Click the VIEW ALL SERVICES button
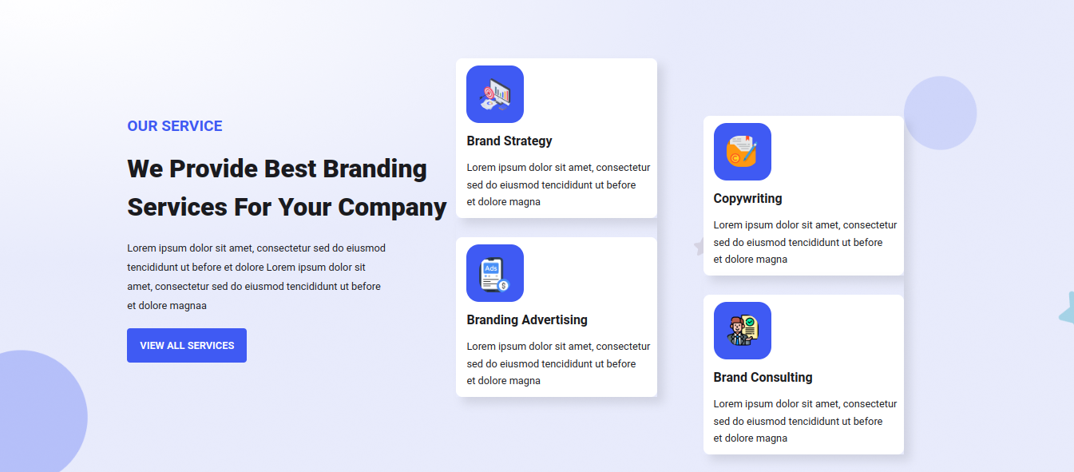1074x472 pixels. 187,345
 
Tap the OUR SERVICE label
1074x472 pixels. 175,126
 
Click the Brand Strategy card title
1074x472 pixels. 509,141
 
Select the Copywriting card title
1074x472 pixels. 747,199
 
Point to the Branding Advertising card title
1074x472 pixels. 527,320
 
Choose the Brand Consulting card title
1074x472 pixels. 763,378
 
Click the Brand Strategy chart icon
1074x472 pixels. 495,94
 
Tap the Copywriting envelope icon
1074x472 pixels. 742,152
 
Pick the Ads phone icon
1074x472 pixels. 495,273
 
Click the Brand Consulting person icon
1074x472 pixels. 742,331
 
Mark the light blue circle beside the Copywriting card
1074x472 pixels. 940,113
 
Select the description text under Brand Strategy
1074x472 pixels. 559,184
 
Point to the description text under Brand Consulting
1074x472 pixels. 805,421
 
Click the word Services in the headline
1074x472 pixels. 177,207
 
